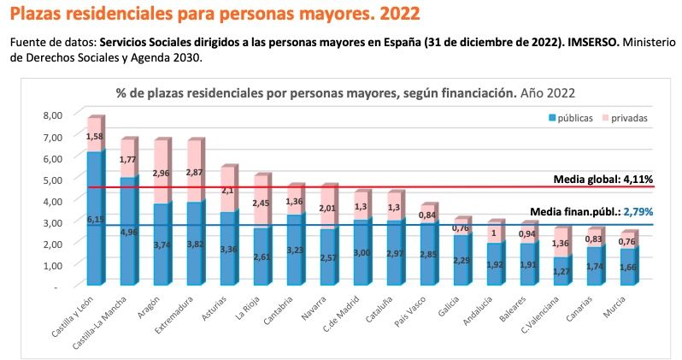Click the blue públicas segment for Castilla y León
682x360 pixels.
95,218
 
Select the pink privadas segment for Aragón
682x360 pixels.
161,172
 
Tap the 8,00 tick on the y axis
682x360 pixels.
52,115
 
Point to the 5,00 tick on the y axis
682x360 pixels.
52,180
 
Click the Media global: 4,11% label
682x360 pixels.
603,179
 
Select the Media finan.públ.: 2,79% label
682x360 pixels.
591,211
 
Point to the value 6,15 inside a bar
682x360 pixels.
95,220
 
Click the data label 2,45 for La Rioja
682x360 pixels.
262,203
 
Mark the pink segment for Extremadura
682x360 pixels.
194,171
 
